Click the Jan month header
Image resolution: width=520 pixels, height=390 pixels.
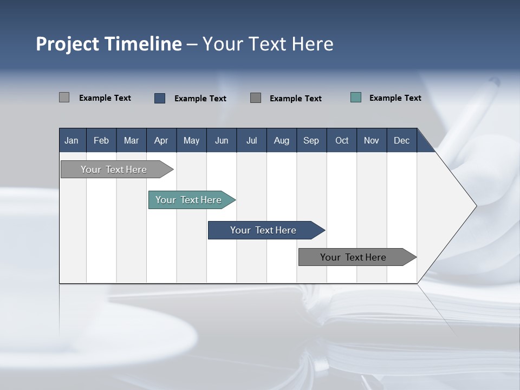(71, 140)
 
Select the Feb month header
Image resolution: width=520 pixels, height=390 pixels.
(101, 140)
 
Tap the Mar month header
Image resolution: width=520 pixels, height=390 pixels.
(131, 140)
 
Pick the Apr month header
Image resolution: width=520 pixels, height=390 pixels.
(161, 140)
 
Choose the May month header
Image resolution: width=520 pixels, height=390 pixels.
(191, 140)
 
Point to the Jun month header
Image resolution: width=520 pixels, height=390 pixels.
(222, 140)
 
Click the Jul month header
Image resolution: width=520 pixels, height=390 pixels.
(251, 140)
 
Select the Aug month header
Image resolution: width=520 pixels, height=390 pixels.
(282, 140)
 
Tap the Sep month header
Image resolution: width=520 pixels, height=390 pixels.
(311, 140)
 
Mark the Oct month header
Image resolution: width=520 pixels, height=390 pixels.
(342, 140)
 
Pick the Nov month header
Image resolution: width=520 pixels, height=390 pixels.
(372, 140)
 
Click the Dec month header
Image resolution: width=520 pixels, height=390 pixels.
(402, 140)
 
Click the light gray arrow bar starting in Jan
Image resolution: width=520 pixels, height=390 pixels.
(114, 170)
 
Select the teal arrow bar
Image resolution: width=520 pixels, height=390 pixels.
(188, 200)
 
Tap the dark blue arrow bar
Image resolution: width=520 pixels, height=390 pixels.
(263, 230)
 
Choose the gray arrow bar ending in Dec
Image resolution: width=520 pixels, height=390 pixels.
(353, 257)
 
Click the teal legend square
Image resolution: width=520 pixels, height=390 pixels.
(356, 97)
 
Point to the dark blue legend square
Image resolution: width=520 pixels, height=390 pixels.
(160, 98)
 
